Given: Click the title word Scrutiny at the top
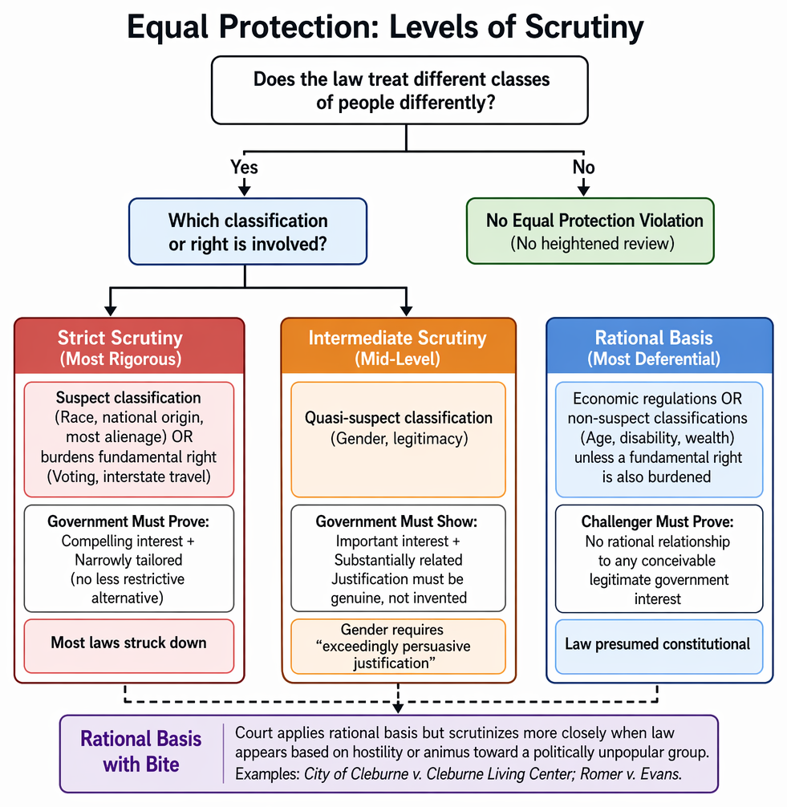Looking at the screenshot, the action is (x=584, y=28).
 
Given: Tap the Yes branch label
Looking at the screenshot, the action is (x=244, y=168).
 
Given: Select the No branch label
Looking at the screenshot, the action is (x=584, y=168).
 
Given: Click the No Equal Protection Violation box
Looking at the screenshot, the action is (x=590, y=231).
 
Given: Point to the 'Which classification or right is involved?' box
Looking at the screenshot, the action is (x=248, y=232).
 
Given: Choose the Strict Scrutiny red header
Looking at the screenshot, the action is (x=129, y=346).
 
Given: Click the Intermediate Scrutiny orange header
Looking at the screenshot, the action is (x=399, y=346).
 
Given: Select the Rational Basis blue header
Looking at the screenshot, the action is (x=659, y=346).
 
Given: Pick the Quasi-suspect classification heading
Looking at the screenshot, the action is (x=399, y=418).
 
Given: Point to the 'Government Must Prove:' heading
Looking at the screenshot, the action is (x=128, y=521).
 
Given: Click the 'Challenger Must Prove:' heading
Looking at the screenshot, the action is (x=657, y=522).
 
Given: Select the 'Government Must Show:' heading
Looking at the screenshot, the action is (x=396, y=521).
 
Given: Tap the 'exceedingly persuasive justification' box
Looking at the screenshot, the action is (x=399, y=647).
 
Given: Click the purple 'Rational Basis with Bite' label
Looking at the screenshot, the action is (x=141, y=752).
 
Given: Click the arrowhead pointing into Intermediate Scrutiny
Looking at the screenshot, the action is (x=407, y=310).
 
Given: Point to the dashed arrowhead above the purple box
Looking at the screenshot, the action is (x=399, y=708).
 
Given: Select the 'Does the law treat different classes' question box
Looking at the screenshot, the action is (x=400, y=91).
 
